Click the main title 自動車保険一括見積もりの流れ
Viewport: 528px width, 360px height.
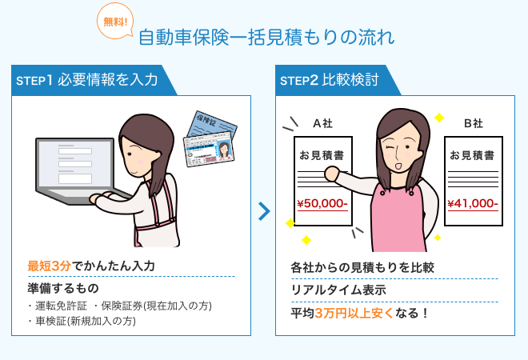(x=266, y=38)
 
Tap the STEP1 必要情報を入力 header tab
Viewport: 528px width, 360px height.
(x=90, y=80)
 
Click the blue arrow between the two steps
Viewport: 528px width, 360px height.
(x=264, y=211)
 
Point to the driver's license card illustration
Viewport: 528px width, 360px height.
(x=210, y=148)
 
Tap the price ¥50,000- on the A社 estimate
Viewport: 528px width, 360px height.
(x=322, y=203)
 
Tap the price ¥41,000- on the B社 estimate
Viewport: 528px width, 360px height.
(x=473, y=203)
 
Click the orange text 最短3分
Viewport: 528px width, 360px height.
(x=49, y=266)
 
